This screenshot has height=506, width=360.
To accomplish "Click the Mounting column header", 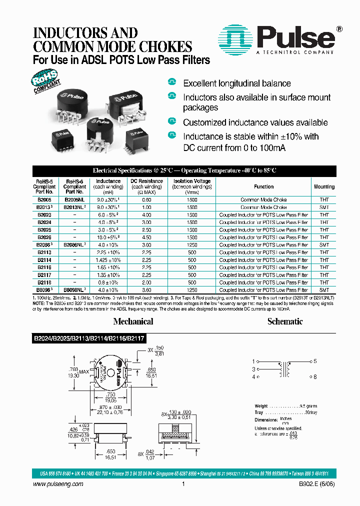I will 324,186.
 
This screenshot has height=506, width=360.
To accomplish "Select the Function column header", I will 263,186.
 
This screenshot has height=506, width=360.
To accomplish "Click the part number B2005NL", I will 74,199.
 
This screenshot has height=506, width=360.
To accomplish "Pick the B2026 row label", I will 44,237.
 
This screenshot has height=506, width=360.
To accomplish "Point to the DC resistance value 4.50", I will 147,237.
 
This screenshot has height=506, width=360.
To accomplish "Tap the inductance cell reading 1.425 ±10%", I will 108,260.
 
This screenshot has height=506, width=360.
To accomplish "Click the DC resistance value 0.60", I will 147,199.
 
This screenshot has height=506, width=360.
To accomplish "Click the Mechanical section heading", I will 133,321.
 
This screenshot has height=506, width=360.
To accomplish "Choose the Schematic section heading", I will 284,321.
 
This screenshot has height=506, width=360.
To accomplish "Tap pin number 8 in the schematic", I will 315,376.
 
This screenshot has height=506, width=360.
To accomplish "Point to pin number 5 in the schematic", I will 315,361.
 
